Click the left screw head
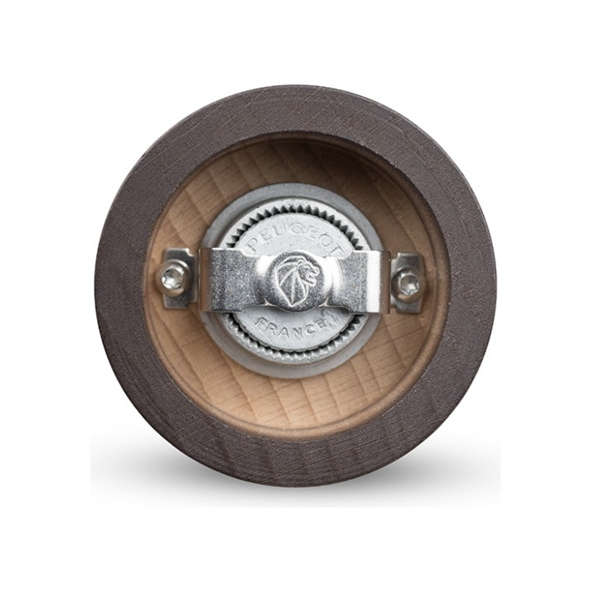pos(172,279)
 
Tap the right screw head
pos(408,281)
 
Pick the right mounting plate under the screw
pos(407,283)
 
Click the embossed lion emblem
pos(296,279)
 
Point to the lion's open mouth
pos(313,277)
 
